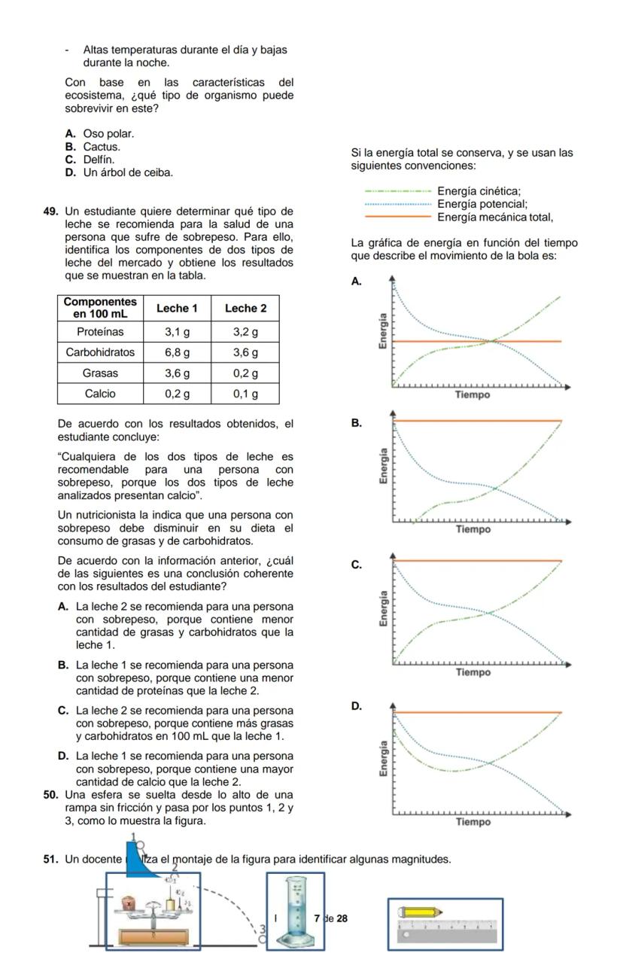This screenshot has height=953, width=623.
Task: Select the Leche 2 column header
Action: click(246, 308)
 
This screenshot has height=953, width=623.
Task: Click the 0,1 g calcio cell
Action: click(246, 393)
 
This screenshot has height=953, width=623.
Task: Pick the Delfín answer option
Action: click(99, 160)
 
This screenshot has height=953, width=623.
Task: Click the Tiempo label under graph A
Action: click(473, 394)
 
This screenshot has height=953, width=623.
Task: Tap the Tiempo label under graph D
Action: click(473, 822)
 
